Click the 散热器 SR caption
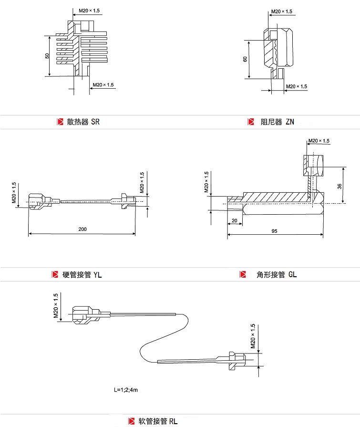(83, 122)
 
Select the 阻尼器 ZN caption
(277, 122)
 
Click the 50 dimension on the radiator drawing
(47, 55)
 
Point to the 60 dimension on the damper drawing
(245, 59)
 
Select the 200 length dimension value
(82, 229)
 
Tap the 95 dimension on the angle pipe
(275, 230)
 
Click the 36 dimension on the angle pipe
(339, 186)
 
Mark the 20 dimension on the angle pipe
(234, 220)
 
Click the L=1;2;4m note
(126, 390)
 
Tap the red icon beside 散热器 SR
(60, 122)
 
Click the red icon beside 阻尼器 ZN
(250, 122)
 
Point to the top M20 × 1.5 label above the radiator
(89, 10)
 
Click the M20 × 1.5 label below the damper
(296, 86)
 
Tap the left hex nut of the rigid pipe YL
(39, 201)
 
